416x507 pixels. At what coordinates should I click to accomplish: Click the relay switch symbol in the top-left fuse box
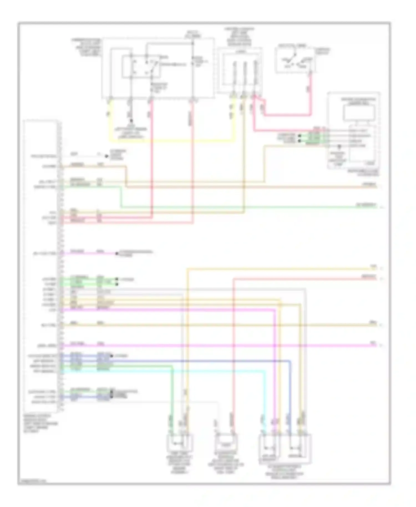click(x=141, y=67)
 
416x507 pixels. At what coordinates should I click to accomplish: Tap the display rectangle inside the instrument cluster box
click(x=359, y=113)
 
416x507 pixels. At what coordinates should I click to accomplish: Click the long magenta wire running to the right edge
click(x=222, y=346)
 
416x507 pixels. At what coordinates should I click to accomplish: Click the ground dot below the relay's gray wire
click(x=131, y=121)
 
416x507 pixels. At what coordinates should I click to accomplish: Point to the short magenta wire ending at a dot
click(x=92, y=253)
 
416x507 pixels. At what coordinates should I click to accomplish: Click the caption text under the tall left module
click(x=40, y=424)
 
